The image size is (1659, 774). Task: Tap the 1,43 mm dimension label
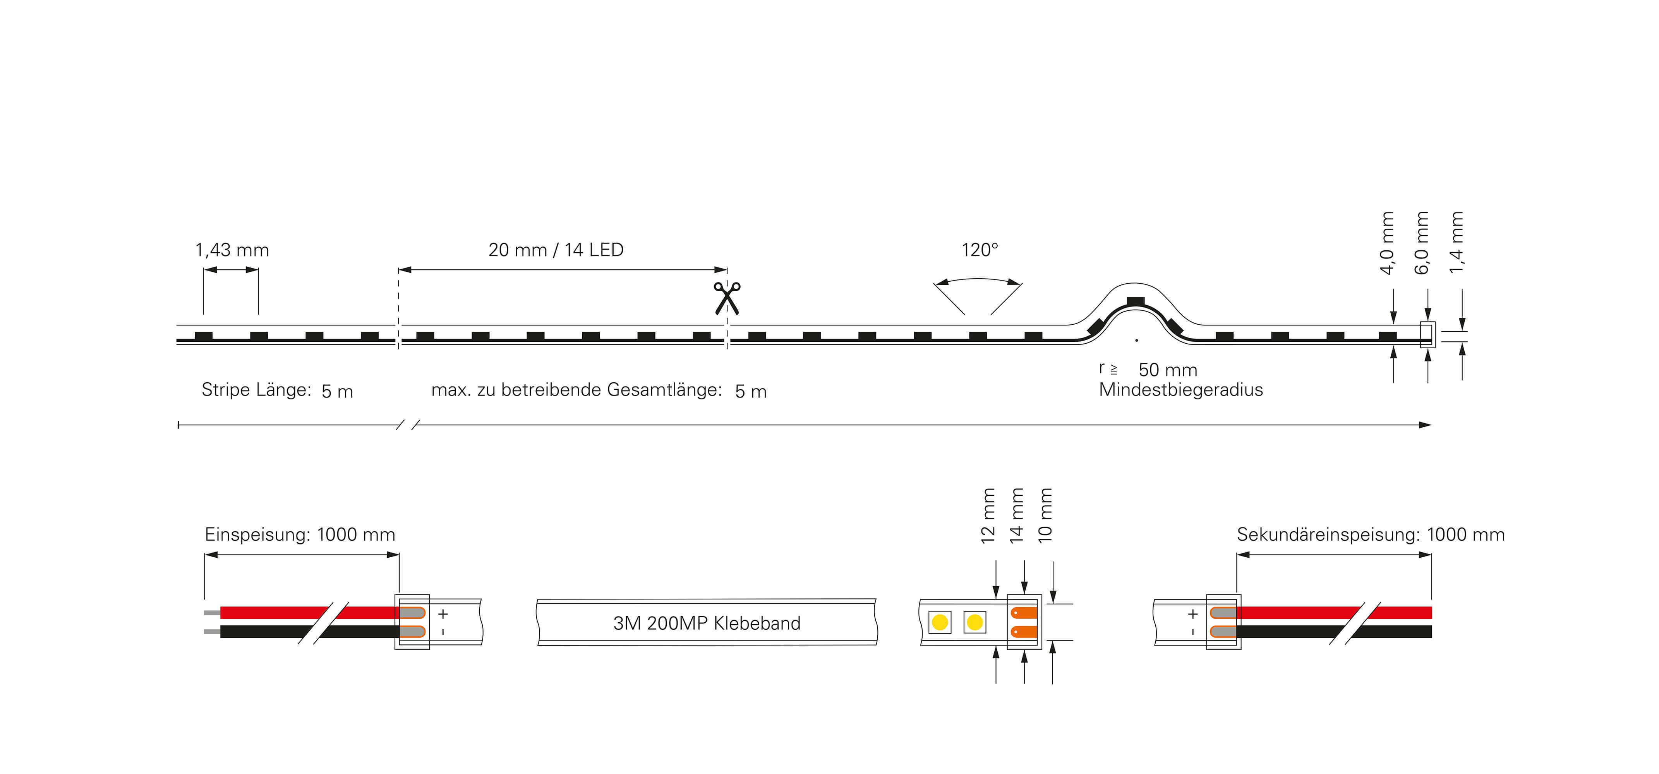(232, 250)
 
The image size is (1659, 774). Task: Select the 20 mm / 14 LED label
(556, 250)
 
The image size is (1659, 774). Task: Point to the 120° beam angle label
(980, 250)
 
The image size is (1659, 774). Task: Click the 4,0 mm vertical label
(1388, 243)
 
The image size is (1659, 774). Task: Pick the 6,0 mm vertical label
(1422, 243)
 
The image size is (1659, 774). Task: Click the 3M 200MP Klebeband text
(707, 623)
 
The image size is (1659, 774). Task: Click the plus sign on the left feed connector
(443, 614)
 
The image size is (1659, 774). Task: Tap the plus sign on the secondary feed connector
(1193, 614)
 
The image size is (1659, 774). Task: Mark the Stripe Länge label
(256, 390)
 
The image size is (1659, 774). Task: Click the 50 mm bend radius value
(1168, 370)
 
